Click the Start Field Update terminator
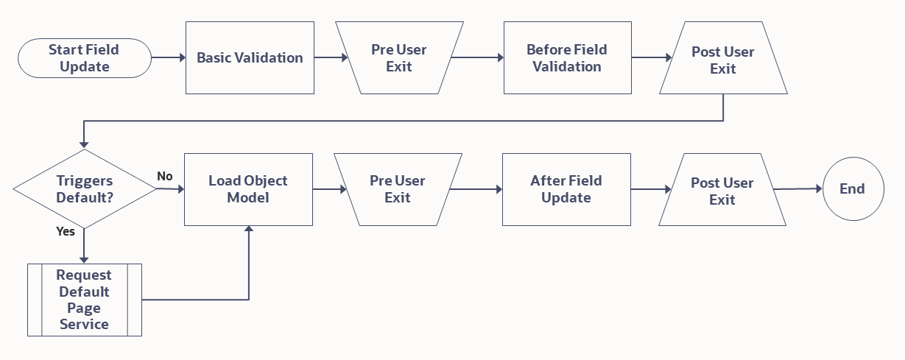(x=83, y=58)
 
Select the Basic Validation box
(x=250, y=57)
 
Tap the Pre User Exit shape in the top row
(x=399, y=57)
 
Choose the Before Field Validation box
(x=567, y=57)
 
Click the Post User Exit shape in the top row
(x=722, y=60)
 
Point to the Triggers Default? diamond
(x=84, y=189)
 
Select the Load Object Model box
(x=248, y=189)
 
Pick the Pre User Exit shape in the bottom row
(x=398, y=189)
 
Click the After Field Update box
(x=566, y=189)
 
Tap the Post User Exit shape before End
(x=722, y=191)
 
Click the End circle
(x=852, y=189)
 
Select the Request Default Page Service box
(x=84, y=300)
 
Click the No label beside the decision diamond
(x=165, y=176)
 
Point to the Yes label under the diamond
(x=66, y=231)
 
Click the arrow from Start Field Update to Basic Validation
(x=168, y=57)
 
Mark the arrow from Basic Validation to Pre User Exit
(x=331, y=57)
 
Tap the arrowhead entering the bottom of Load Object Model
(x=249, y=230)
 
